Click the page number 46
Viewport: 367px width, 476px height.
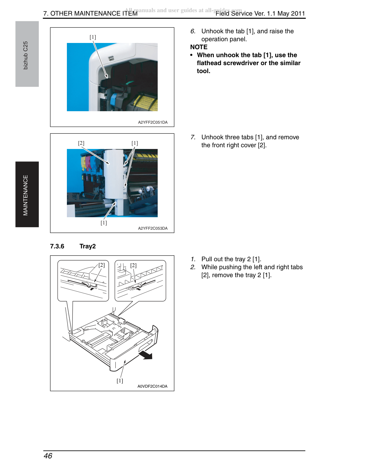click(x=48, y=456)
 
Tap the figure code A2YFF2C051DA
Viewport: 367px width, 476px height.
click(x=153, y=122)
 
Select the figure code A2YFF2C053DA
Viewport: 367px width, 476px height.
click(x=153, y=228)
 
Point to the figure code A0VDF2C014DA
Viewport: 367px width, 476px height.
click(x=152, y=386)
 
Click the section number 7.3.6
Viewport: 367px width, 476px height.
click(x=57, y=246)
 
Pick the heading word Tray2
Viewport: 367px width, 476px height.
click(x=87, y=246)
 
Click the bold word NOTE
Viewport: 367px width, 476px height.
click(x=199, y=47)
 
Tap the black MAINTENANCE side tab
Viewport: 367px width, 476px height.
click(x=27, y=194)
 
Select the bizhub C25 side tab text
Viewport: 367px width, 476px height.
click(x=25, y=55)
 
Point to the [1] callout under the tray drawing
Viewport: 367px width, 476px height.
click(x=120, y=381)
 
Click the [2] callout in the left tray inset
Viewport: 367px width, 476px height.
click(x=102, y=265)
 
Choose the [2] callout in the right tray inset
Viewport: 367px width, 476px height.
click(x=133, y=265)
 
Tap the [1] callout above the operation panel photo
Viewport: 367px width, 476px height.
click(x=93, y=37)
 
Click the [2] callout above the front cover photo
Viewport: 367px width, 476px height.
click(x=81, y=143)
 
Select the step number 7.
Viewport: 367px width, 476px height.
click(x=193, y=137)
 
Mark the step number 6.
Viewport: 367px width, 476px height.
click(x=193, y=31)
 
